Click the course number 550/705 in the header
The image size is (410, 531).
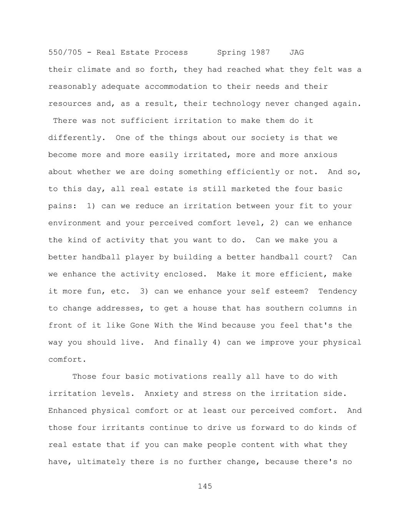pyautogui.click(x=65, y=52)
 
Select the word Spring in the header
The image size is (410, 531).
pyautogui.click(x=231, y=52)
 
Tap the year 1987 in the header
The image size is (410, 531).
pyautogui.click(x=260, y=52)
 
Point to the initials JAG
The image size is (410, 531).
pyautogui.click(x=297, y=52)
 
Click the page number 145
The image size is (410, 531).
pyautogui.click(x=205, y=486)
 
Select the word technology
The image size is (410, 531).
pyautogui.click(x=236, y=104)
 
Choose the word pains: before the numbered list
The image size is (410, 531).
pyautogui.click(x=62, y=206)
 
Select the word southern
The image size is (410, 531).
pyautogui.click(x=285, y=309)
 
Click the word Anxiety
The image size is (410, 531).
pyautogui.click(x=162, y=394)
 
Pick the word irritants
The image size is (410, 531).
pyautogui.click(x=123, y=428)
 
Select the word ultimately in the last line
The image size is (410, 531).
pyautogui.click(x=101, y=462)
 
